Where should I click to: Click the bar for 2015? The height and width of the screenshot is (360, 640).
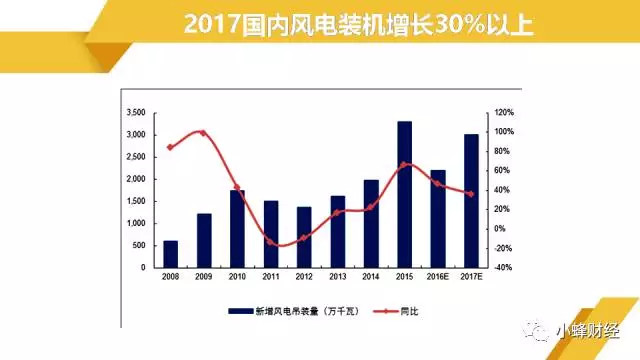404,194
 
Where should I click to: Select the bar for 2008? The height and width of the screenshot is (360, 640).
171,254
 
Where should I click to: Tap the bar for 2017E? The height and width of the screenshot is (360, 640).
471,201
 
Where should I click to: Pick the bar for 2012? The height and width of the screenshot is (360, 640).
304,237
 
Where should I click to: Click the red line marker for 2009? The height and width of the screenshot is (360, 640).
203,133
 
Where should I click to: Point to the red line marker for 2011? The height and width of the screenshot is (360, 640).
270,242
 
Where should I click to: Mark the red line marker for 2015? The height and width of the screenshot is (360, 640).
404,165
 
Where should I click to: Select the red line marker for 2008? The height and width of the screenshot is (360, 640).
170,147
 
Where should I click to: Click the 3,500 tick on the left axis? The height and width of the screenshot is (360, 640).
136,112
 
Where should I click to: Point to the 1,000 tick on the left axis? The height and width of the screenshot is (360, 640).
136,223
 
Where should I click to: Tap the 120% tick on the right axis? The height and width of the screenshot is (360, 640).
504,112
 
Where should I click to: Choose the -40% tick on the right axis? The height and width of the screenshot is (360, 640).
503,267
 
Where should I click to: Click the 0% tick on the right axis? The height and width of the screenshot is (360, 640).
500,229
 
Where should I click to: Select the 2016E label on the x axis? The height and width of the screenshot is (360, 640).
438,277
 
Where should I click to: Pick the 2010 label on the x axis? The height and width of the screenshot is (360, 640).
237,277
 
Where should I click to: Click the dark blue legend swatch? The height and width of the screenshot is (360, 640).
241,311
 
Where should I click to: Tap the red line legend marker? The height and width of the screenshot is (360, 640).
386,311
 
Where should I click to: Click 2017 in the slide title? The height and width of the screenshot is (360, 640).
212,24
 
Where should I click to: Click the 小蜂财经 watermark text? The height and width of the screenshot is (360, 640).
588,331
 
